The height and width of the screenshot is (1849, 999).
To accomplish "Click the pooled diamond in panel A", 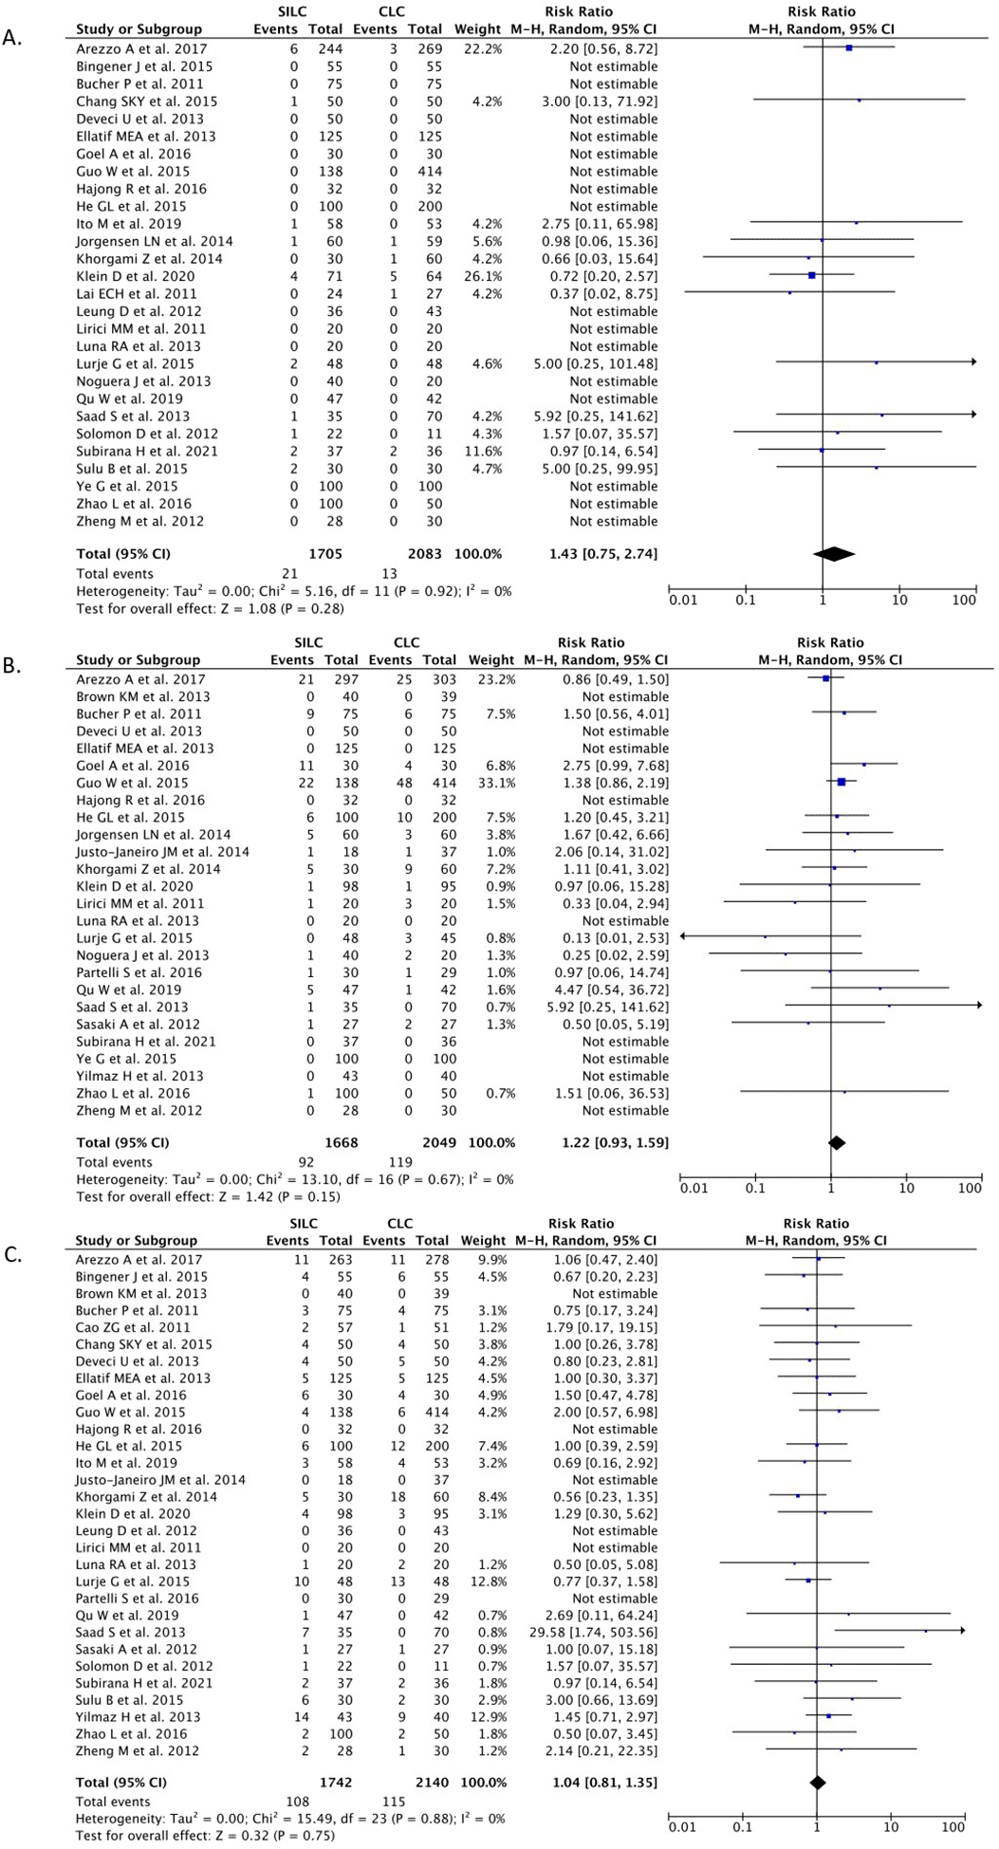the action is [x=834, y=553].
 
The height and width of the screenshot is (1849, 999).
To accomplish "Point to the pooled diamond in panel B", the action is [x=837, y=1142].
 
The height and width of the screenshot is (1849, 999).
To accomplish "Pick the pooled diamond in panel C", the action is [x=817, y=1782].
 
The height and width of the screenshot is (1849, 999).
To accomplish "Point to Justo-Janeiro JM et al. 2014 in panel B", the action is [x=163, y=852].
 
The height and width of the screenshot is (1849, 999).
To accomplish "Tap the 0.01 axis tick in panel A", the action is [x=682, y=600].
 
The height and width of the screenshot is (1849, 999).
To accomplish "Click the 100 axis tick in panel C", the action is [x=953, y=1827].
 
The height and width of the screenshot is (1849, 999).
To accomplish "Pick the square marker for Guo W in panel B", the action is [x=842, y=783].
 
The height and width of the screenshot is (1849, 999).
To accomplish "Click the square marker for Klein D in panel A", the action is [x=812, y=276].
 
